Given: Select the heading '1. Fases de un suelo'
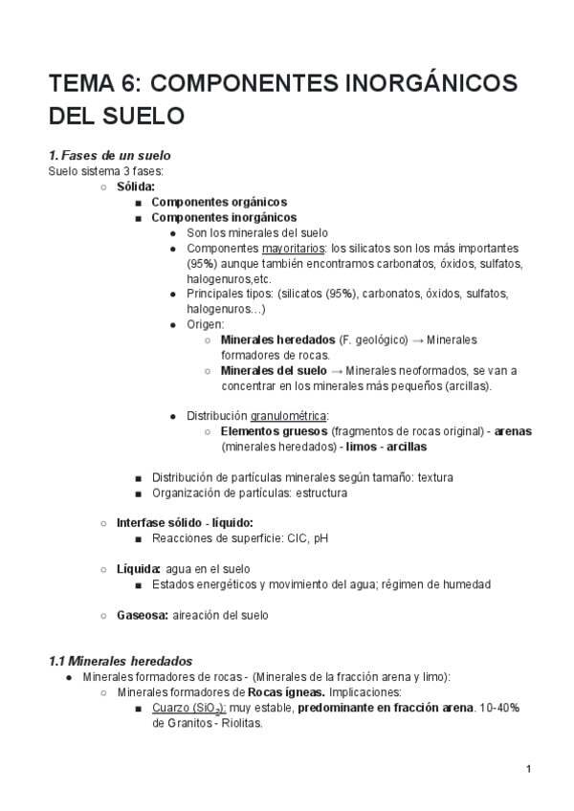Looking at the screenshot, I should pyautogui.click(x=110, y=155).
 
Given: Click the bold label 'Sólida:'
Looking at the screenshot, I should pyautogui.click(x=136, y=186).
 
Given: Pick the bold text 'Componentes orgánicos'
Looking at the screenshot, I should pyautogui.click(x=219, y=202).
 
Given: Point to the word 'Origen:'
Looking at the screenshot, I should pyautogui.click(x=206, y=324).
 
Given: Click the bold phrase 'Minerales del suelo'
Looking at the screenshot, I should pyautogui.click(x=274, y=370).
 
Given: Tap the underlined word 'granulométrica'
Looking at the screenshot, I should pyautogui.click(x=289, y=416).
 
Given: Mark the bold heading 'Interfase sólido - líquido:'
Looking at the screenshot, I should pyautogui.click(x=186, y=523).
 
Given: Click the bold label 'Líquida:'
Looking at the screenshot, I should pyautogui.click(x=139, y=569).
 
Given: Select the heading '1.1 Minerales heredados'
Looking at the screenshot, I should pyautogui.click(x=121, y=661).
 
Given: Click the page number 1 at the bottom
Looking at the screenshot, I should pyautogui.click(x=528, y=769).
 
